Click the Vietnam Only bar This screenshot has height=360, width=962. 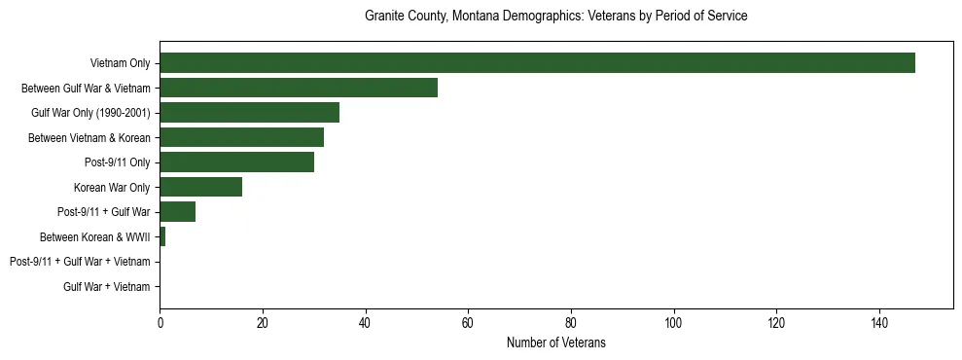537,63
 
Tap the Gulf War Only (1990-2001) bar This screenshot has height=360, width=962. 249,113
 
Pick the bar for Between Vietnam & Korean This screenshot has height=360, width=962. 241,137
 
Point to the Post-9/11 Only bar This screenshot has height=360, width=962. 236,162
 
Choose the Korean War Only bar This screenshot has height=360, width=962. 200,187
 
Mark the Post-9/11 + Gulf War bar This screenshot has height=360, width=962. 177,212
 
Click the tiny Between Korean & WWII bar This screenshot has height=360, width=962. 162,236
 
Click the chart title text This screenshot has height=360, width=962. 555,17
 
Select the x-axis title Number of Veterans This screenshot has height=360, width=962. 555,342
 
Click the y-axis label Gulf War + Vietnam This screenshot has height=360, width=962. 106,286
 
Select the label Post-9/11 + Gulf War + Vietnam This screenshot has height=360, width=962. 80,262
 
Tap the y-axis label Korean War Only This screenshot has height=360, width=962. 112,187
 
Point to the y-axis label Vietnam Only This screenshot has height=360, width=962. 120,63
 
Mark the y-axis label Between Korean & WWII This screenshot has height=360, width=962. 94,236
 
